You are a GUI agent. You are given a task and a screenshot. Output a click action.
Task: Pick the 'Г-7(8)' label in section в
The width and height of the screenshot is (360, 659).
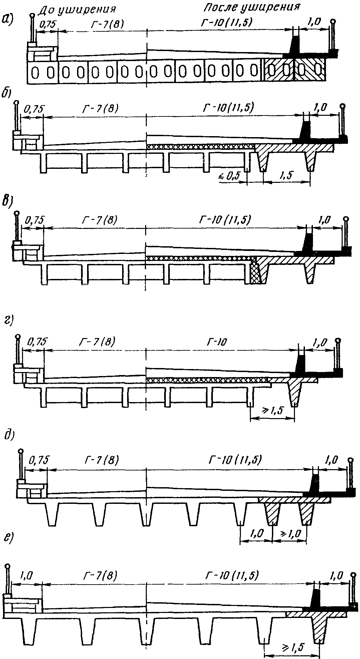[x=99, y=220]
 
